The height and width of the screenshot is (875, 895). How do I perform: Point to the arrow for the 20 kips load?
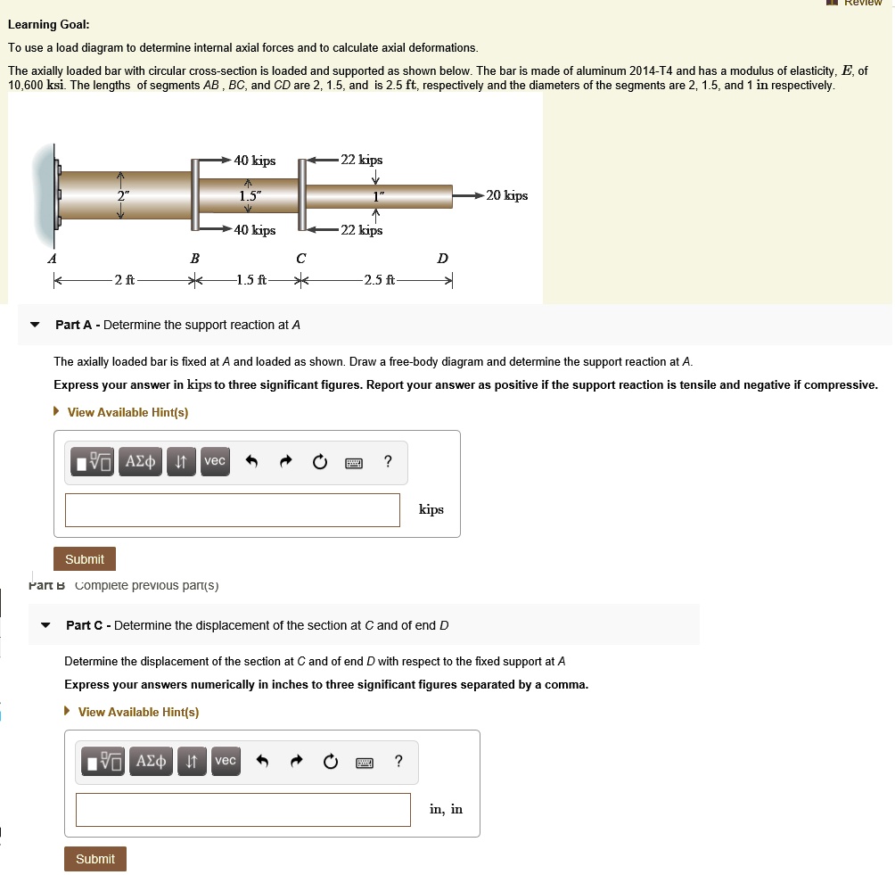tap(468, 195)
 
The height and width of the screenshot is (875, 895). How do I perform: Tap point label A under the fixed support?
tap(52, 259)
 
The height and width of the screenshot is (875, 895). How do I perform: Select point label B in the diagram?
tap(194, 259)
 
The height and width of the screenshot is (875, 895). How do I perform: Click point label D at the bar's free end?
tap(443, 259)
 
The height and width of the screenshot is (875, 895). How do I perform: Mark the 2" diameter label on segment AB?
tap(121, 195)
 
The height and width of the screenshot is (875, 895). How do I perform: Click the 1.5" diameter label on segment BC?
tap(250, 195)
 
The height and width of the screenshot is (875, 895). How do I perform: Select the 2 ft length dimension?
tap(124, 280)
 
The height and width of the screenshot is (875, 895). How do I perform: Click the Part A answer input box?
tap(232, 510)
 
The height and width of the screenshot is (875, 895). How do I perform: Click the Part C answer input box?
tap(242, 810)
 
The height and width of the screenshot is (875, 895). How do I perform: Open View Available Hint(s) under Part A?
tap(127, 412)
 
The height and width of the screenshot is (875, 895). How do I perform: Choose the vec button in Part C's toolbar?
tap(226, 761)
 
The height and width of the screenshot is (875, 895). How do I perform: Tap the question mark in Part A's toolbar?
tap(387, 461)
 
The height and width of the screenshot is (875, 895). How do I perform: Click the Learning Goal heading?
tap(48, 24)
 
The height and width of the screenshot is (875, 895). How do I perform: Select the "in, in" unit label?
tap(446, 810)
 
